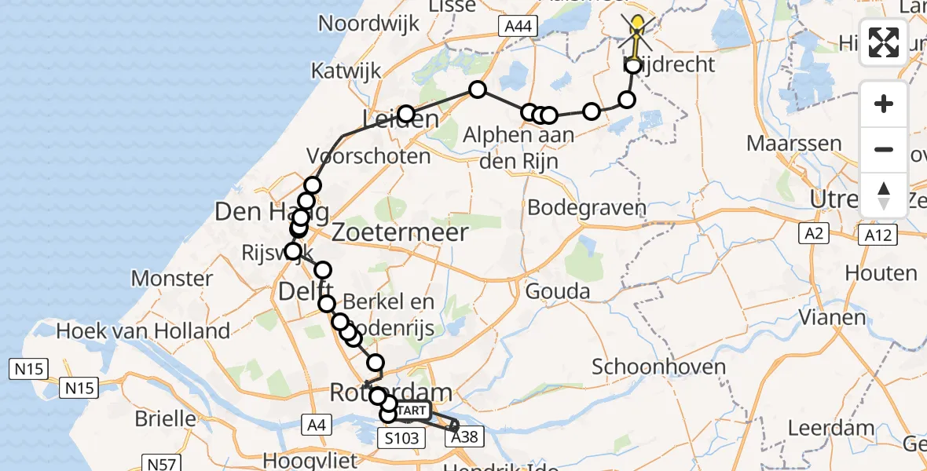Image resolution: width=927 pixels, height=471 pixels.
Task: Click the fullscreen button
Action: pyautogui.click(x=884, y=42)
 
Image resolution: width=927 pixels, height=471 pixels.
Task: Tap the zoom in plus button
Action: pyautogui.click(x=884, y=104)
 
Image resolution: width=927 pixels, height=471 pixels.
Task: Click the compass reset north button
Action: pyautogui.click(x=884, y=195)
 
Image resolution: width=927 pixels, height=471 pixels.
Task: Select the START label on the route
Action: pyautogui.click(x=412, y=411)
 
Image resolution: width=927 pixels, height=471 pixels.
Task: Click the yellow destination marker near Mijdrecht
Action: pyautogui.click(x=638, y=27)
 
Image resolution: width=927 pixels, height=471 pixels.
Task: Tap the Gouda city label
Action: pyautogui.click(x=558, y=292)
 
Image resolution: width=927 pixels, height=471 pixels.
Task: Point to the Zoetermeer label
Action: pyautogui.click(x=400, y=232)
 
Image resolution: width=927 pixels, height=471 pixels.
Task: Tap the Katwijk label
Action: pyautogui.click(x=346, y=71)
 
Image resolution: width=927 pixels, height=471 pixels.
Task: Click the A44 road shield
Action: pyautogui.click(x=518, y=27)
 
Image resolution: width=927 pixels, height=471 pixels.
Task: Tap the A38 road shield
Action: pyautogui.click(x=463, y=438)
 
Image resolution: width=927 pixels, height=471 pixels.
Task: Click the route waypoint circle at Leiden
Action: pyautogui.click(x=406, y=115)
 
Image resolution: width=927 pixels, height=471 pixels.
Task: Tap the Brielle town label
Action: pyautogui.click(x=165, y=418)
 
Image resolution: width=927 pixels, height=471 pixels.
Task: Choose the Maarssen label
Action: pyautogui.click(x=794, y=144)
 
